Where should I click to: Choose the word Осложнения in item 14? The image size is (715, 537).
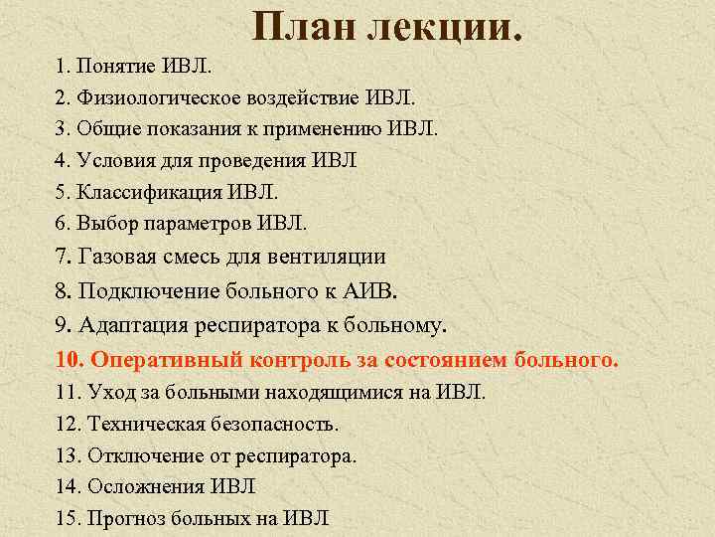pyautogui.click(x=145, y=486)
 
